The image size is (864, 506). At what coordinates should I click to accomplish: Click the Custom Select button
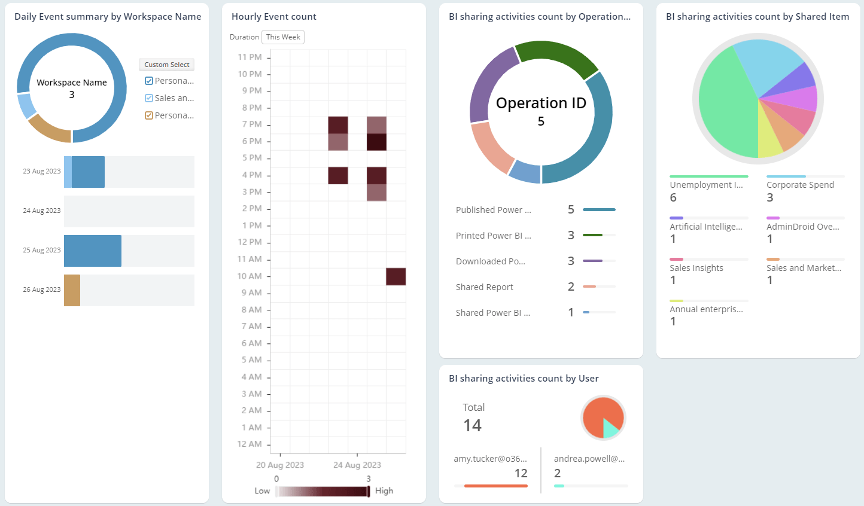(x=166, y=65)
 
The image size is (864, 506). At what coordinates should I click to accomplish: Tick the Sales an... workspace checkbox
(x=149, y=98)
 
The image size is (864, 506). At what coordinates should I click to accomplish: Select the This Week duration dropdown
(x=283, y=37)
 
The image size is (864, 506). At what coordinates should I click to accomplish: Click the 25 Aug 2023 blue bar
(x=93, y=251)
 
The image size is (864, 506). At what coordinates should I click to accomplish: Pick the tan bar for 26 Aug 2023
(x=72, y=290)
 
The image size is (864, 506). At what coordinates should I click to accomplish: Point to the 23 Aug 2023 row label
(x=42, y=171)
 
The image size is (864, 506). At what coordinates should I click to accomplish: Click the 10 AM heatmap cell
(x=396, y=276)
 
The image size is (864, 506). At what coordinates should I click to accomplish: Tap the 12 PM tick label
(x=250, y=242)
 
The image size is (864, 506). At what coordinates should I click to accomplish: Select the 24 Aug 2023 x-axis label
(x=357, y=465)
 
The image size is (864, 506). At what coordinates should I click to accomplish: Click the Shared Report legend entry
(x=484, y=287)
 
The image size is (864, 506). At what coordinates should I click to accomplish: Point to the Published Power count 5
(x=571, y=210)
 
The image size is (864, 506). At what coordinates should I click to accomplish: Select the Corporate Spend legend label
(x=800, y=185)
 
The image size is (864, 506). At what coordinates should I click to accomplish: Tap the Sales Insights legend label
(x=696, y=268)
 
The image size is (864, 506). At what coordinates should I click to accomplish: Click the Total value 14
(x=472, y=425)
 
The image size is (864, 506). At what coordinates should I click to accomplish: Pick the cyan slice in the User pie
(x=610, y=428)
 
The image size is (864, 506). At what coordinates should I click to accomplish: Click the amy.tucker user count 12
(x=521, y=473)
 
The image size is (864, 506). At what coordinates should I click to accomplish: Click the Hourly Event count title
(x=273, y=17)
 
